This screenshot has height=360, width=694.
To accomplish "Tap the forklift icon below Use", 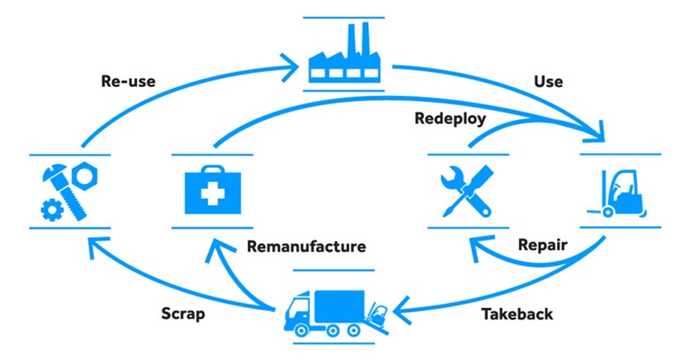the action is click(x=617, y=194).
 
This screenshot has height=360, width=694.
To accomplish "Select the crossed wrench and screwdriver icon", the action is click(x=468, y=191).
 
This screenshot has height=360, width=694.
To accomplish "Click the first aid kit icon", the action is click(x=213, y=191).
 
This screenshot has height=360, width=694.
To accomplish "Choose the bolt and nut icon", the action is click(x=69, y=191).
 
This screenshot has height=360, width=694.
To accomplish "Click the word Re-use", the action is click(x=129, y=81).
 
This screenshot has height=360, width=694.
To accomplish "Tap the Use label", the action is click(x=548, y=81).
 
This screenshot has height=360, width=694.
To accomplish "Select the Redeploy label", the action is click(x=450, y=119).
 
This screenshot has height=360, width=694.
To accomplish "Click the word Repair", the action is click(x=542, y=245).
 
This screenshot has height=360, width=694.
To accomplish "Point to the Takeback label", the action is click(x=517, y=314).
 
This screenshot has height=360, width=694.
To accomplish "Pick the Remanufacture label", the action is click(x=306, y=247).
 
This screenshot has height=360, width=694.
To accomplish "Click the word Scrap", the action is click(x=183, y=314).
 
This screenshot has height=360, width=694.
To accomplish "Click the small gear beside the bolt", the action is click(x=52, y=210).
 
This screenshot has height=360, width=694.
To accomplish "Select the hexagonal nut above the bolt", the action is click(x=84, y=176).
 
